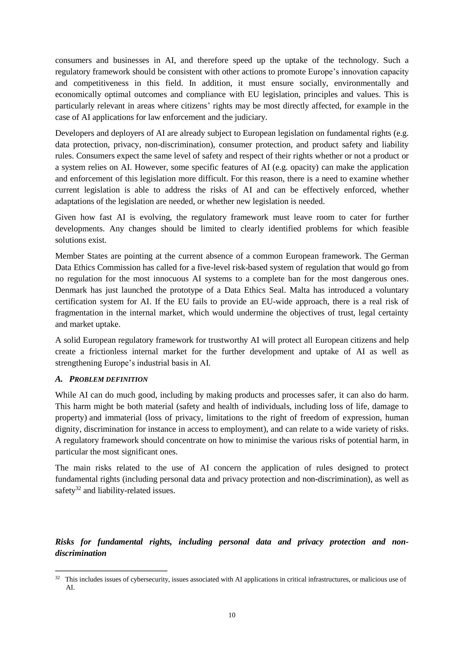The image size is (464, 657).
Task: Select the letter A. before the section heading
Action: click(x=59, y=379)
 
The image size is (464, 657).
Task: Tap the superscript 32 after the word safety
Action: click(x=78, y=488)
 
